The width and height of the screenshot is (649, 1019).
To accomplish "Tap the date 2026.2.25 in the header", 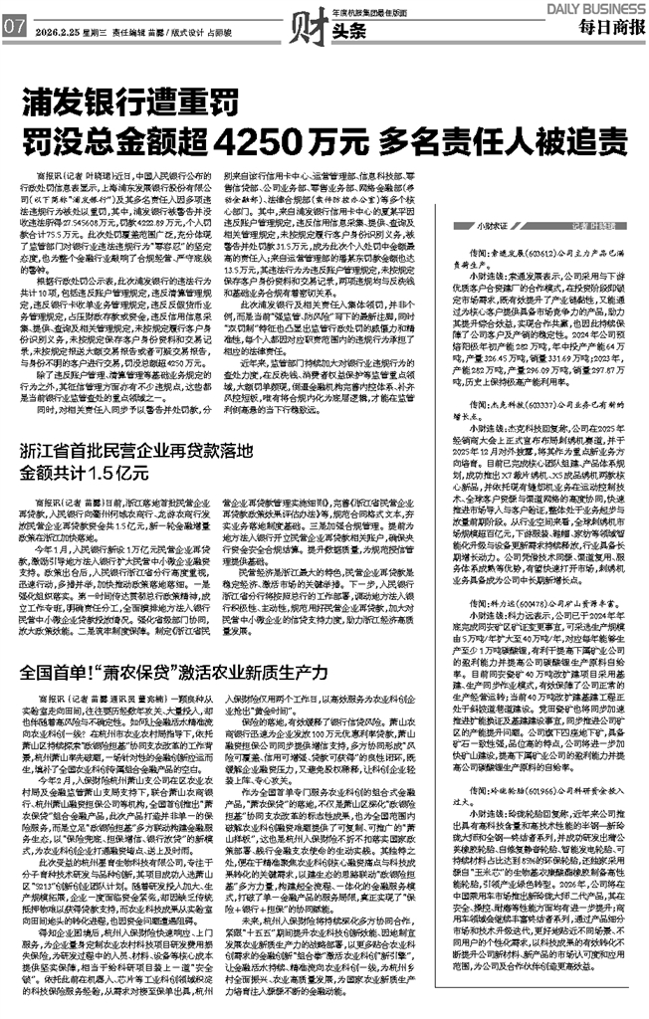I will click(x=58, y=31).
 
